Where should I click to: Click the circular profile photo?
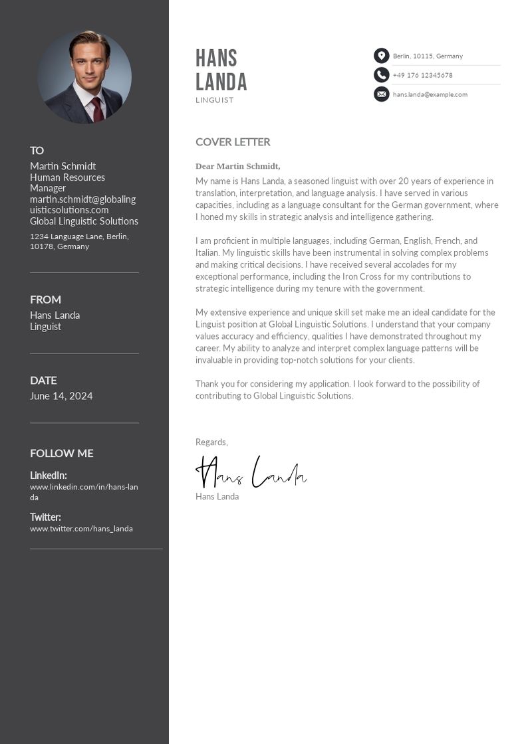[x=84, y=77]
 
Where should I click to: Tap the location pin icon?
[x=381, y=56]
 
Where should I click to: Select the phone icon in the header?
[x=381, y=75]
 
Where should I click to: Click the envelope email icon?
[x=381, y=94]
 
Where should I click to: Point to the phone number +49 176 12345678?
[x=422, y=76]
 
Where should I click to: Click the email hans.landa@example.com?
[x=430, y=94]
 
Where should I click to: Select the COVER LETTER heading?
[x=233, y=141]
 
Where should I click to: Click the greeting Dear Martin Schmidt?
[x=237, y=166]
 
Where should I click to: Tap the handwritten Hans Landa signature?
[x=251, y=472]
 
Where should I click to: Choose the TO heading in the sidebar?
[x=37, y=151]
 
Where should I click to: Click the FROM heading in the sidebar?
[x=45, y=300]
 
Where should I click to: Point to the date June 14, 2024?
[x=61, y=396]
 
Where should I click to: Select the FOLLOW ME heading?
[x=61, y=453]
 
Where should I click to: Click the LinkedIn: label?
[x=48, y=475]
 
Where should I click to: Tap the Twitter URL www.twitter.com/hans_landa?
[x=81, y=529]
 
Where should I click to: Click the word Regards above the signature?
[x=211, y=442]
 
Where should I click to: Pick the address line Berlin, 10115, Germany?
[x=428, y=56]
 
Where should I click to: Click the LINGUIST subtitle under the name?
[x=214, y=100]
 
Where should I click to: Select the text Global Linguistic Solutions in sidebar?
[x=84, y=221]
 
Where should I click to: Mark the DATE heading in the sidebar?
[x=43, y=381]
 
